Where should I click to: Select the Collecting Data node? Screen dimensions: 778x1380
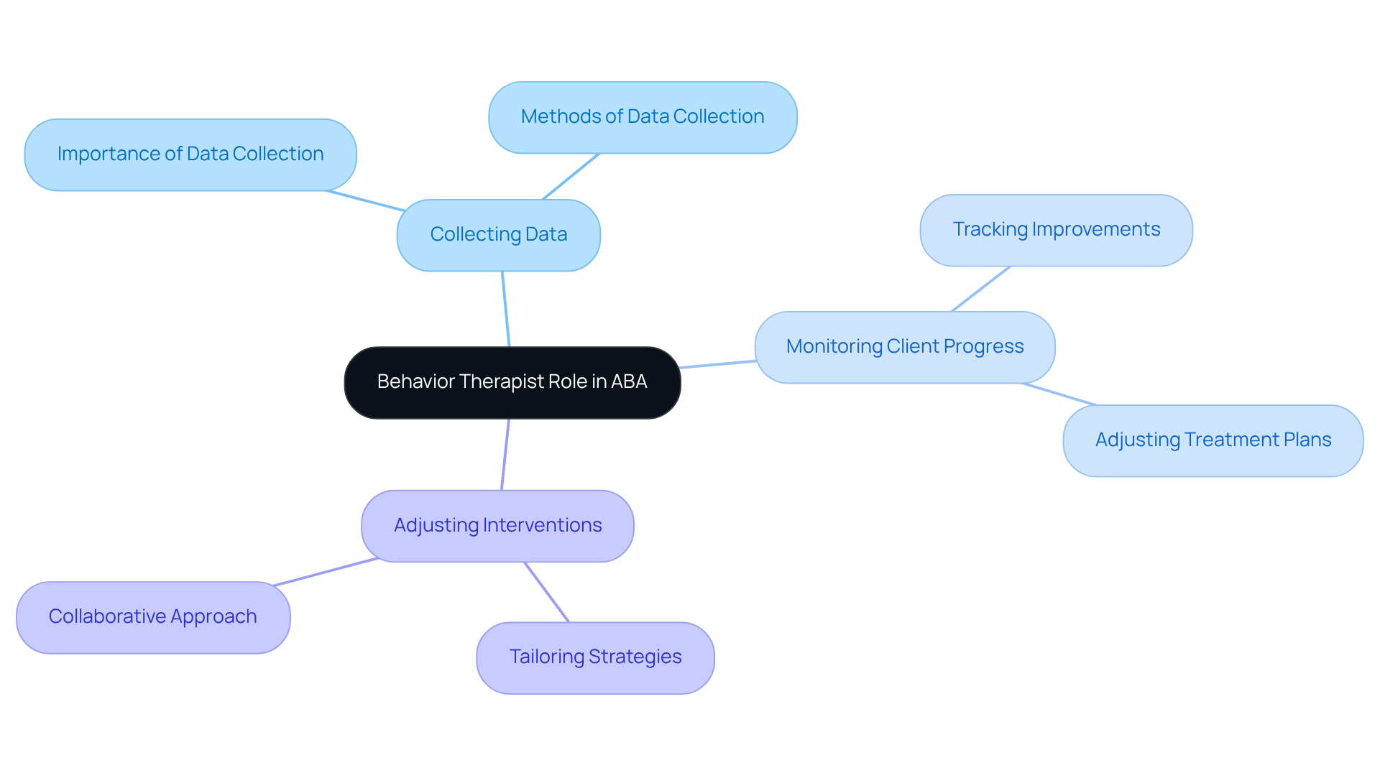pos(498,235)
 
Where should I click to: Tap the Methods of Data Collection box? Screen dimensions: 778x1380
pos(642,117)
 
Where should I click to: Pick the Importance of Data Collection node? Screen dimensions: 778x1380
pos(190,154)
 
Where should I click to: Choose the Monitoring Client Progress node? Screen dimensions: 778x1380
pos(904,347)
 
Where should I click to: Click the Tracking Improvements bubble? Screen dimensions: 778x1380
pos(1055,230)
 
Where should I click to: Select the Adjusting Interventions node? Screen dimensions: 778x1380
pos(497,526)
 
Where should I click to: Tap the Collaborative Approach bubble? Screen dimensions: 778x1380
pos(152,617)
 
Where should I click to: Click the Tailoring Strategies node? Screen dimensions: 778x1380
pos(594,657)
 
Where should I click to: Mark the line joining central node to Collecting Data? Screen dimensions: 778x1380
pos(505,309)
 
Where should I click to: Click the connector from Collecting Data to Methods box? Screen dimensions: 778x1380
pos(571,176)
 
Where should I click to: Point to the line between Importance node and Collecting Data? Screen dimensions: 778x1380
pos(365,201)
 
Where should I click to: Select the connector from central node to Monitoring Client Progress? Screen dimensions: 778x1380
pos(717,364)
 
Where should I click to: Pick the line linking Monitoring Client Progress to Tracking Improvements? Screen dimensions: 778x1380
pos(980,289)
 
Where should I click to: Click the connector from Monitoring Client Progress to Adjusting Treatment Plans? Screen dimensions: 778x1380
pos(1059,394)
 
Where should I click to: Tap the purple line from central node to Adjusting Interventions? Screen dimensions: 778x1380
pos(505,455)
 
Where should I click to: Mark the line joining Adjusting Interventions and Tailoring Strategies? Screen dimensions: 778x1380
pos(547,592)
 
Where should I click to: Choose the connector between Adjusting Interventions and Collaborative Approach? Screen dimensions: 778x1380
pos(326,572)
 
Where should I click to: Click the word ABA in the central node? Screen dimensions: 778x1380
pos(629,381)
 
